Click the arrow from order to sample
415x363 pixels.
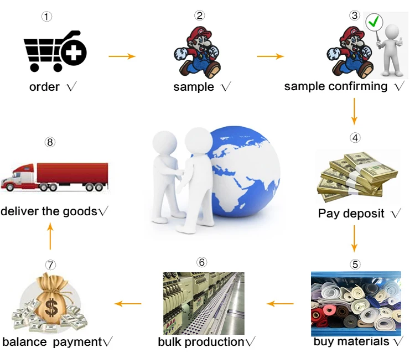click(122, 56)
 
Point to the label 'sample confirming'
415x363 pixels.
click(336, 86)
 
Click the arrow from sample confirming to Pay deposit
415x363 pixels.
click(355, 111)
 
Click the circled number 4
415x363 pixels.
click(355, 137)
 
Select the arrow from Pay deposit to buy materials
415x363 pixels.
click(355, 238)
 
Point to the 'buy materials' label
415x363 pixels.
click(351, 341)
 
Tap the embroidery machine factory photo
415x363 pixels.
click(204, 303)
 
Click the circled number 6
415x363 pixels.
click(201, 262)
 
